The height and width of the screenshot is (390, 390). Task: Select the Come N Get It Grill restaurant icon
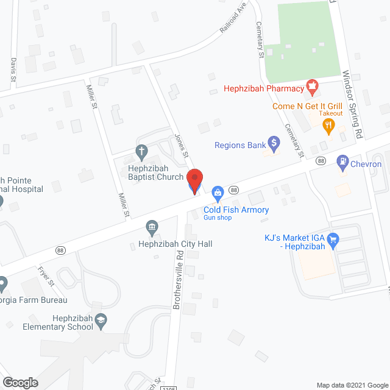pos(329,126)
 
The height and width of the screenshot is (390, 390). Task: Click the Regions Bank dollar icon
pos(274,145)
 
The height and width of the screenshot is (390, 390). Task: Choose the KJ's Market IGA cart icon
pos(333,241)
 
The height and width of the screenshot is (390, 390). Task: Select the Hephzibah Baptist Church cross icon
pos(141,151)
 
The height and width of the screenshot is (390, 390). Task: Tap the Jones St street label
pos(181,147)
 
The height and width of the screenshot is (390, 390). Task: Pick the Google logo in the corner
pos(19,383)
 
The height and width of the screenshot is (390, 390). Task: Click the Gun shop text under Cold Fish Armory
pos(218,218)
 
